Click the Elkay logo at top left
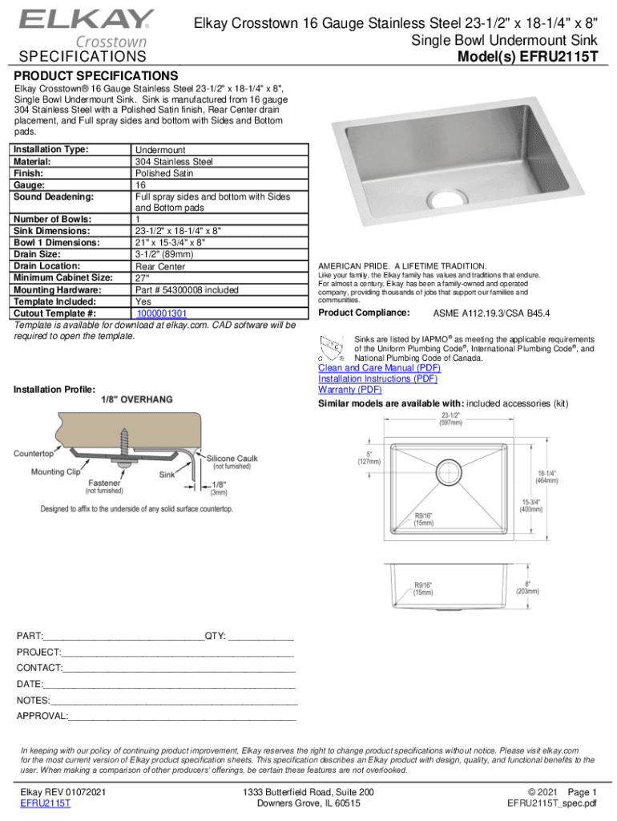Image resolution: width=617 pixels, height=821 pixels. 87,21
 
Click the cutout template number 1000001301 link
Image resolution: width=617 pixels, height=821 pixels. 161,313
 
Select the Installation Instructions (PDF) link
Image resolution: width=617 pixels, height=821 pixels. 377,378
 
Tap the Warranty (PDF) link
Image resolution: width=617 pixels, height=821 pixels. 349,390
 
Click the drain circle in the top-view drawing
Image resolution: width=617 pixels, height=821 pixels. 450,471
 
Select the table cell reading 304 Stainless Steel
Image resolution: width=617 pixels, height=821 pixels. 174,161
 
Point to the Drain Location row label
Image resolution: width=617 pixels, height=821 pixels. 47,265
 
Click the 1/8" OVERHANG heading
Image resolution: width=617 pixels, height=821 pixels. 135,398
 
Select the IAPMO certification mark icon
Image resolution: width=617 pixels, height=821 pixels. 333,349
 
